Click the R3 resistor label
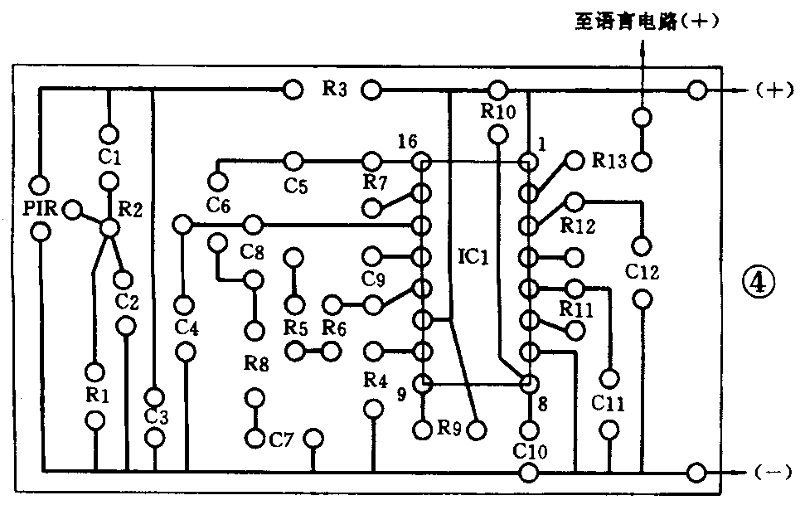(x=334, y=89)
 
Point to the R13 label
(x=610, y=161)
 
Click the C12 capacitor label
(x=642, y=271)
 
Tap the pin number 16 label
(x=406, y=142)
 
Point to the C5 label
(x=294, y=187)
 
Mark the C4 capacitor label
(x=187, y=328)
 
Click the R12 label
(x=578, y=225)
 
